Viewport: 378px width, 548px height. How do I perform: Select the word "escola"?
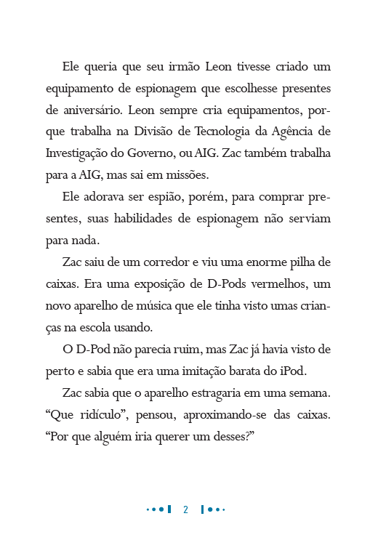[x=106, y=328]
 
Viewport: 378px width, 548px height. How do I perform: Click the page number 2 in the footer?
[x=185, y=509]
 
